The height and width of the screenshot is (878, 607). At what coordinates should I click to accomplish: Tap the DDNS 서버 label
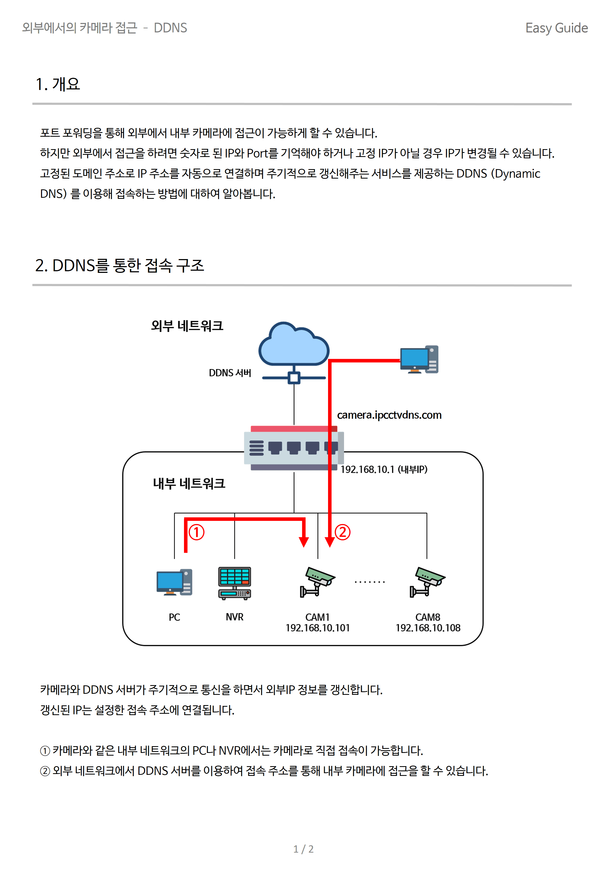(x=230, y=373)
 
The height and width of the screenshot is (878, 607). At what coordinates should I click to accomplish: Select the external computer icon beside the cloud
(x=419, y=359)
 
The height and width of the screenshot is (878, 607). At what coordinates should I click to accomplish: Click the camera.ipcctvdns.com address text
(x=389, y=415)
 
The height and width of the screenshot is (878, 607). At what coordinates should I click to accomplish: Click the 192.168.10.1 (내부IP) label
(x=384, y=469)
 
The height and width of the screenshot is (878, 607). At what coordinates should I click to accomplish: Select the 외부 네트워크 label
(x=187, y=326)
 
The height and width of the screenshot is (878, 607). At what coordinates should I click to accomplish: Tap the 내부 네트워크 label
(x=189, y=484)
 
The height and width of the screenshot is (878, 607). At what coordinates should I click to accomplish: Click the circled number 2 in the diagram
(x=343, y=532)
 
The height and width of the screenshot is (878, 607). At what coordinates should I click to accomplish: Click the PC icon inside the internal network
(x=175, y=582)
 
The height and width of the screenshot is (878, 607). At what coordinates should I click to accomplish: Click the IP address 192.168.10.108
(x=428, y=628)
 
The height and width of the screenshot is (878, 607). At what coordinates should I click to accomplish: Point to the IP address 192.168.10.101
(x=318, y=628)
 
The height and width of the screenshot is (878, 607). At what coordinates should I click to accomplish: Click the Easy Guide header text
(x=556, y=28)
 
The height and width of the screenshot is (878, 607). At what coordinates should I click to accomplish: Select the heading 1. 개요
(x=58, y=84)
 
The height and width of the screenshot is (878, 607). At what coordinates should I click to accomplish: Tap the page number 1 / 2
(x=303, y=849)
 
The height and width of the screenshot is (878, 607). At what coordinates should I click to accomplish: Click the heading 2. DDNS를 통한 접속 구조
(x=120, y=265)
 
